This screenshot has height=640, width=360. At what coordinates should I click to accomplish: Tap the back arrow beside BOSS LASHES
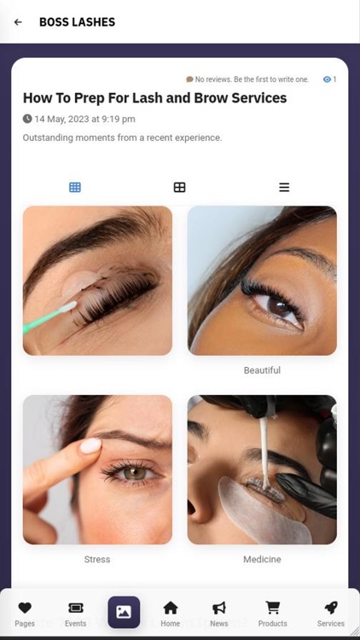pyautogui.click(x=18, y=22)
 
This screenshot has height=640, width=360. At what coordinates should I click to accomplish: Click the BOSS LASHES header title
pyautogui.click(x=77, y=22)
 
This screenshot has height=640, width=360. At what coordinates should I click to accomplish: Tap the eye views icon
pyautogui.click(x=327, y=79)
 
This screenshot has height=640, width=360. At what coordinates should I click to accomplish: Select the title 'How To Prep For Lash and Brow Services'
pyautogui.click(x=154, y=98)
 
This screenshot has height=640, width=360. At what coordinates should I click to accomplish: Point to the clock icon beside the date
pyautogui.click(x=27, y=119)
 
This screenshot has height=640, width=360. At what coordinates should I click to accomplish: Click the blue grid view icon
pyautogui.click(x=75, y=187)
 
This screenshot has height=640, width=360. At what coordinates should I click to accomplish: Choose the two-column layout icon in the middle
pyautogui.click(x=179, y=187)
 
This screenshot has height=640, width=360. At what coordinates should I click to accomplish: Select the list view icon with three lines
pyautogui.click(x=284, y=187)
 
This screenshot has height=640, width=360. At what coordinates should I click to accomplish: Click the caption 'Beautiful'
pyautogui.click(x=262, y=370)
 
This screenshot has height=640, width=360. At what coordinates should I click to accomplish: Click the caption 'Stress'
pyautogui.click(x=97, y=560)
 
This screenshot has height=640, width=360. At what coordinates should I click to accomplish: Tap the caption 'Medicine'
pyautogui.click(x=262, y=560)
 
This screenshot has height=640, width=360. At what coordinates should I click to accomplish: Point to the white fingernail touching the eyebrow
pyautogui.click(x=90, y=445)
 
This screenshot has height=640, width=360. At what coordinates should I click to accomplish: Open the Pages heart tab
pyautogui.click(x=25, y=612)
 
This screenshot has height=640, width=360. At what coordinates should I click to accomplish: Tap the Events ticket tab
pyautogui.click(x=75, y=612)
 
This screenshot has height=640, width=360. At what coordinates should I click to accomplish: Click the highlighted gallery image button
pyautogui.click(x=124, y=612)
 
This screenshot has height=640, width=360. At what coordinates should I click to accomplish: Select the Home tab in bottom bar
pyautogui.click(x=171, y=612)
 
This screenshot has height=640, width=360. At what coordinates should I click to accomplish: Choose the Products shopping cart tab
pyautogui.click(x=272, y=612)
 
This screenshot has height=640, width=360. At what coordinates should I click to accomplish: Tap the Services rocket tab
pyautogui.click(x=330, y=612)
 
